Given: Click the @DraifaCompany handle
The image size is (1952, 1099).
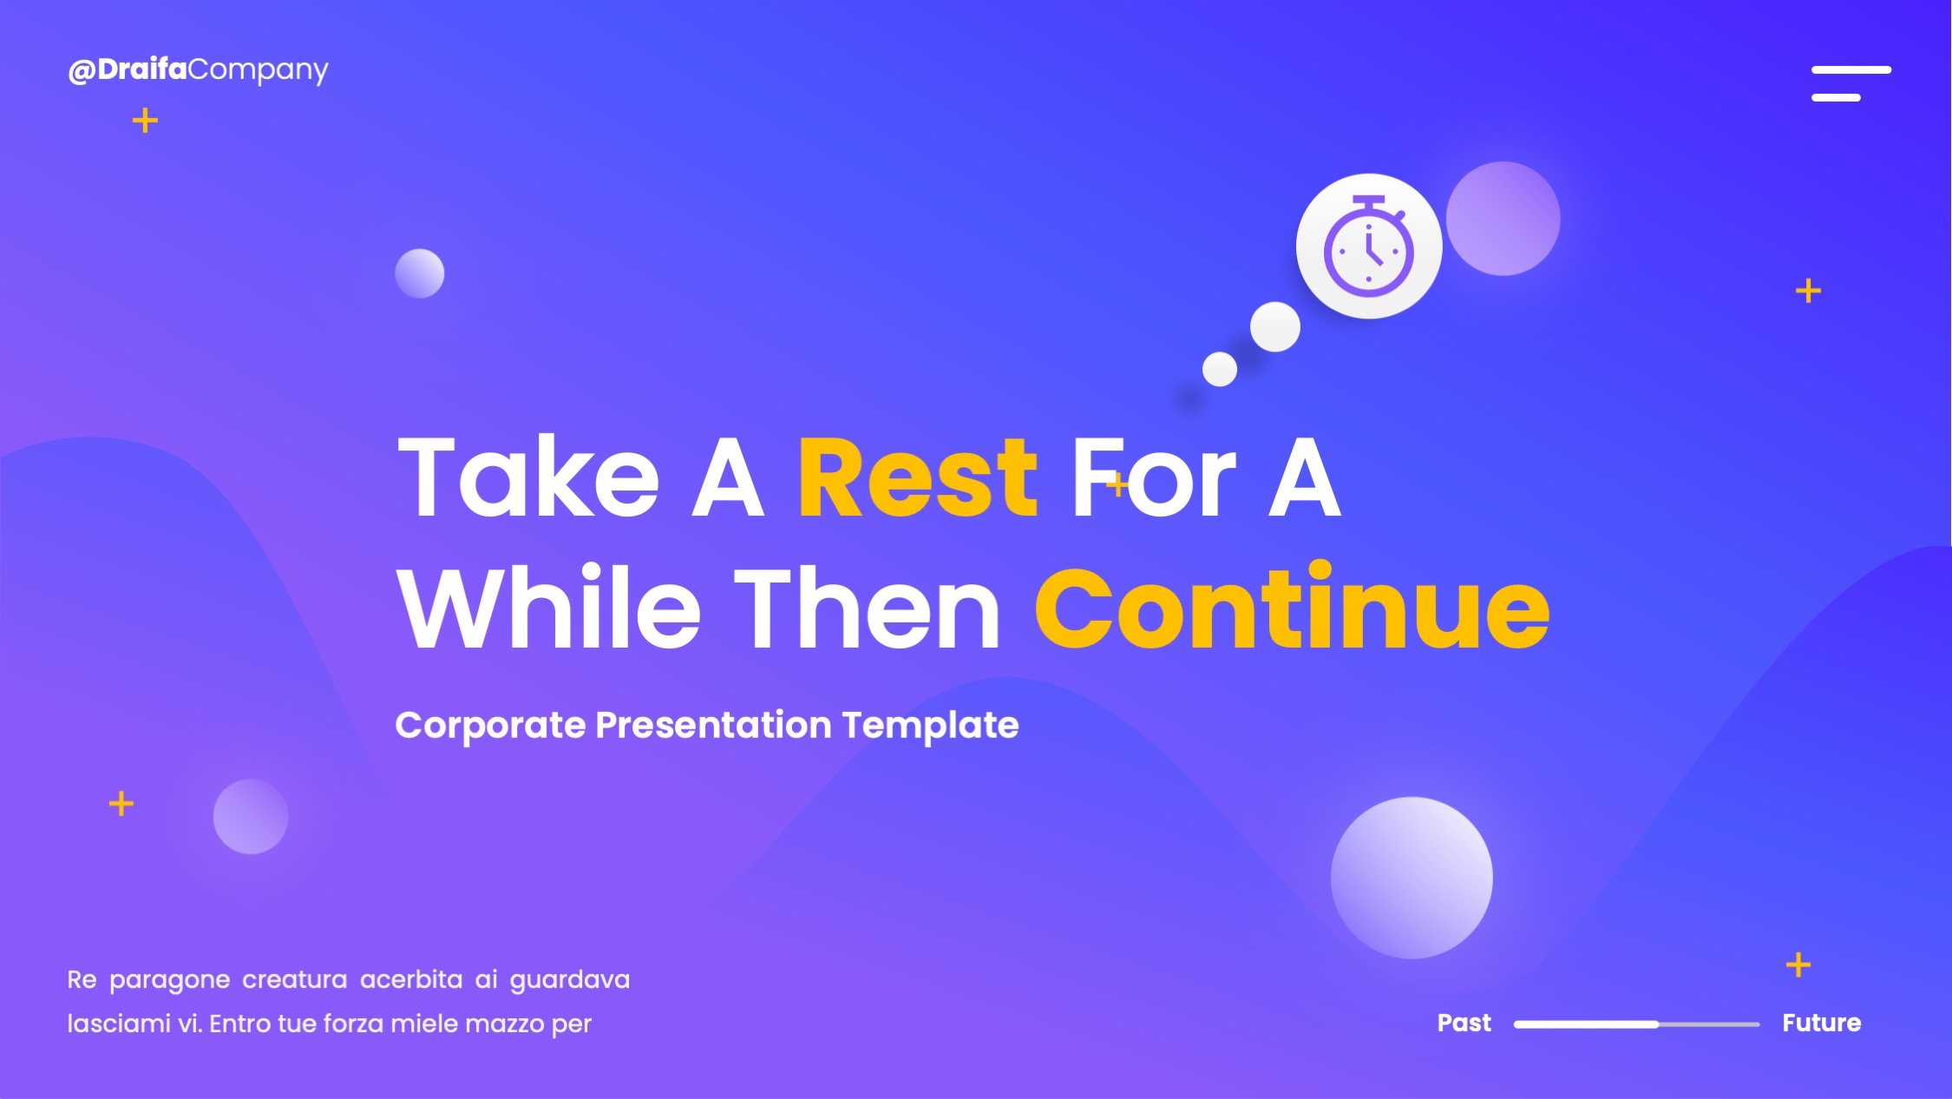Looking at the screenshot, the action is [x=198, y=70].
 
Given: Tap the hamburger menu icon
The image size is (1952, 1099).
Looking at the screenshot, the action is [x=1850, y=83].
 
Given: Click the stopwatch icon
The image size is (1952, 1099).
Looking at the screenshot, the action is [x=1369, y=247].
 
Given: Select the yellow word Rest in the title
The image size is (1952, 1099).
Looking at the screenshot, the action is [x=917, y=477].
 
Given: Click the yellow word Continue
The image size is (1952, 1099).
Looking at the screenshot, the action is [x=1292, y=607].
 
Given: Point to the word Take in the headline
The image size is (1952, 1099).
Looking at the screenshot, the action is [x=528, y=477].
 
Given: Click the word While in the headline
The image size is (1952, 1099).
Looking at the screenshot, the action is [x=548, y=607].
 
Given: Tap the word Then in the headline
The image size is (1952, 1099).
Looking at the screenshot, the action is [x=868, y=607].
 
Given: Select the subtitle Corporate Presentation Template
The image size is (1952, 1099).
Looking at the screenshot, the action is [x=707, y=726].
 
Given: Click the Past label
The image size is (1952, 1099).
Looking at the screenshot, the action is [x=1464, y=1023].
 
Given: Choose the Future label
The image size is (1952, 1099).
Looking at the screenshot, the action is [x=1822, y=1023].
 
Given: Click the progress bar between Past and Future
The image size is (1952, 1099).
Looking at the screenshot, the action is [x=1636, y=1024].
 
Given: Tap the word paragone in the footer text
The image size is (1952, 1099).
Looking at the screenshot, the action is [x=170, y=981].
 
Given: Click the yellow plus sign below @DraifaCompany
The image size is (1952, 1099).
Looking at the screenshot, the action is [x=145, y=121].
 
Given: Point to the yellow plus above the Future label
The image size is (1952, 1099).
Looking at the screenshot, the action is [x=1798, y=964].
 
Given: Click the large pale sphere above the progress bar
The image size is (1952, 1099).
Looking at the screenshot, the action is [x=1412, y=878].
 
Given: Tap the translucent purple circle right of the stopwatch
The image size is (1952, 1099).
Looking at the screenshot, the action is [x=1503, y=219].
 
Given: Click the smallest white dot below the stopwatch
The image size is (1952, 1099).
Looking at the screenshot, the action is [x=1219, y=369].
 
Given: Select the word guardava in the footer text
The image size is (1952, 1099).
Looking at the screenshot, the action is [x=570, y=981].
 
